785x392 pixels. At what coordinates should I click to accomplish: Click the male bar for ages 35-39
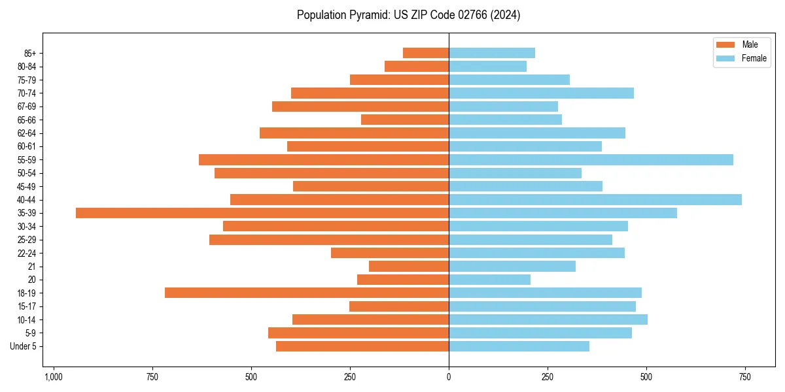coord(262,213)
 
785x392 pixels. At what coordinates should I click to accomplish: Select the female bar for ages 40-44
coord(595,199)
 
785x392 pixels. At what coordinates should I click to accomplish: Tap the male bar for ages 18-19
coord(307,293)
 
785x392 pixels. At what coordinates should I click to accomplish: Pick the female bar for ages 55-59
coord(591,159)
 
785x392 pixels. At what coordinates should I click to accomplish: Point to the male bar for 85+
coord(426,53)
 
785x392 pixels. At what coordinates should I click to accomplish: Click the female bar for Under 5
coord(519,346)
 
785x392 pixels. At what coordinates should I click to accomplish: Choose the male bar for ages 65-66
coord(405,120)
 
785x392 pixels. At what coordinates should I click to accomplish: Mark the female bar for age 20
coord(489,280)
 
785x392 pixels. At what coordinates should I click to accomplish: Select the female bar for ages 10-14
coord(548,319)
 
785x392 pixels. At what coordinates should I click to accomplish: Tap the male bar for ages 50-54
coord(332,173)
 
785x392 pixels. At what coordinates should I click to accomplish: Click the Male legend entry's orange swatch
coord(725,44)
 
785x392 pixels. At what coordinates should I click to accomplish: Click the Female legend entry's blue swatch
coord(725,58)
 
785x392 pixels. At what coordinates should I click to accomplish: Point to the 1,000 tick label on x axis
coord(53,377)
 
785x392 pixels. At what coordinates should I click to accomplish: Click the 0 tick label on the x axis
coord(449,377)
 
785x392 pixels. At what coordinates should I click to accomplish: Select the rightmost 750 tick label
coord(744,377)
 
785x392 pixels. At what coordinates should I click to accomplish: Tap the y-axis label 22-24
coord(27,253)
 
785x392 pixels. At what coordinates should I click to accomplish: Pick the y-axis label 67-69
coord(27,106)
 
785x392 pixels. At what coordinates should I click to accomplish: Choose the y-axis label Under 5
coord(24,346)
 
